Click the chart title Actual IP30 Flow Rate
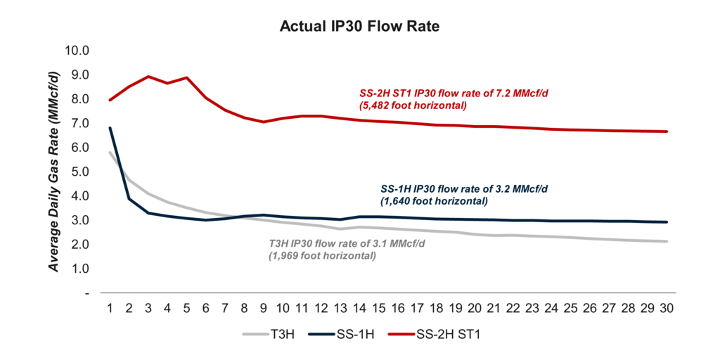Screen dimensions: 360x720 359,27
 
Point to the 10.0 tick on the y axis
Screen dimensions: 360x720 77,51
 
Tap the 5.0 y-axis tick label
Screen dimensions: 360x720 80,172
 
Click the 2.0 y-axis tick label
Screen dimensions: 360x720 80,245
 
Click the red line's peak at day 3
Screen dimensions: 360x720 149,77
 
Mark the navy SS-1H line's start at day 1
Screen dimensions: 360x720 110,128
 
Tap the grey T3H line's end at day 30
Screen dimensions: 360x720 667,241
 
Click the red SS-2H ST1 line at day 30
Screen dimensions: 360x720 667,131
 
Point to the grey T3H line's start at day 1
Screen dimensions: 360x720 110,152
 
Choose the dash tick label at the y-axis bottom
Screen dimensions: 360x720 86,293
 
